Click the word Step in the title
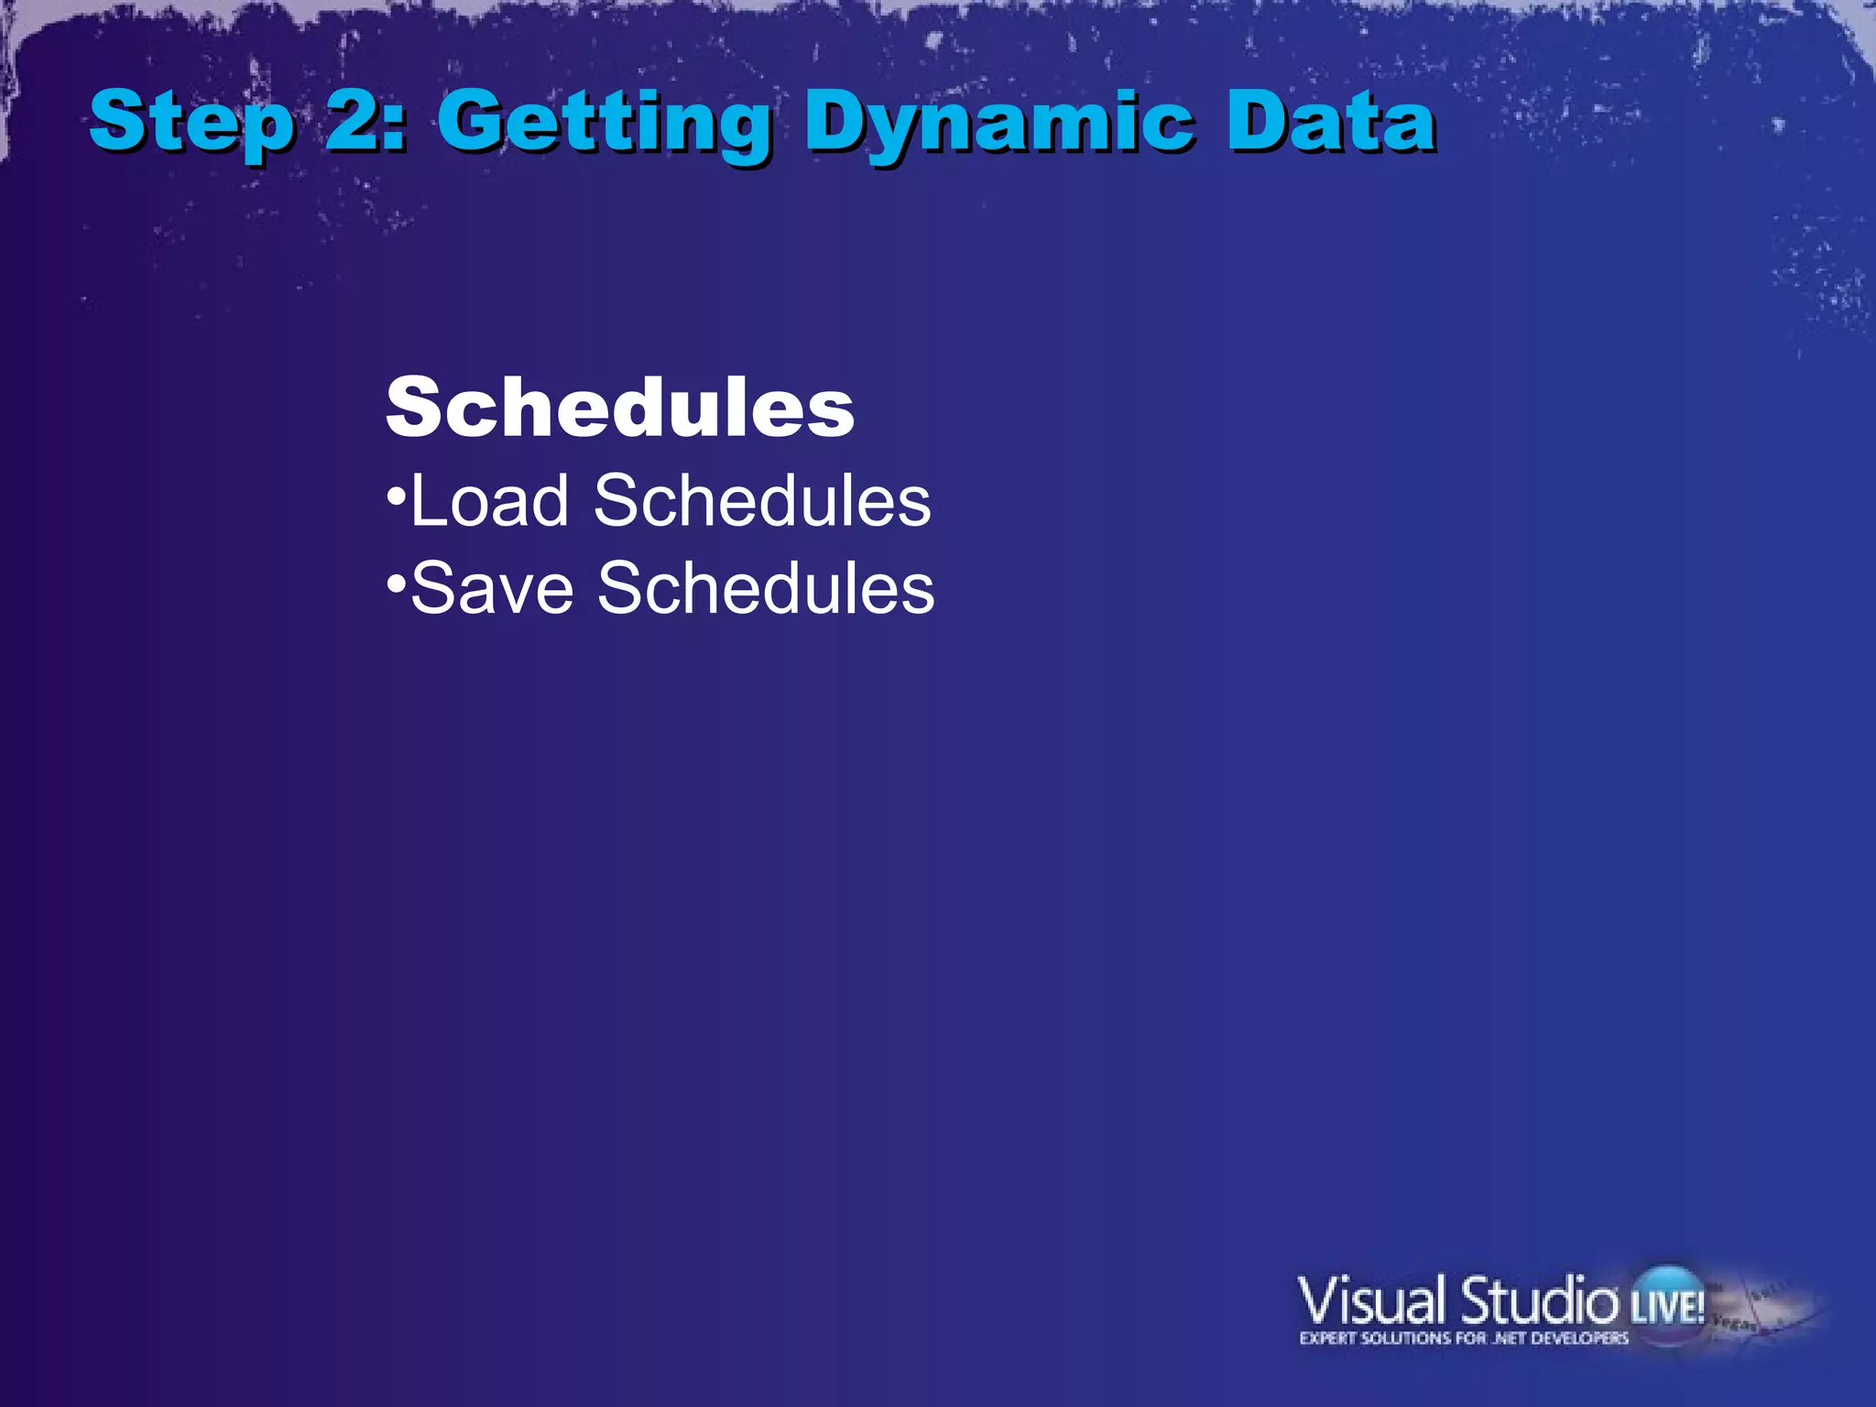pyautogui.click(x=192, y=124)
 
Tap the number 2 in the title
pyautogui.click(x=353, y=121)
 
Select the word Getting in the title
pyautogui.click(x=605, y=124)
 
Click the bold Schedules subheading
pyautogui.click(x=620, y=408)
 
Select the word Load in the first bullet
pyautogui.click(x=490, y=502)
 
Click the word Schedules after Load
pyautogui.click(x=762, y=502)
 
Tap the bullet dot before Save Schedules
pyautogui.click(x=396, y=583)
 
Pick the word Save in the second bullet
pyautogui.click(x=493, y=588)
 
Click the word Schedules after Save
pyautogui.click(x=766, y=588)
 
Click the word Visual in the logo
pyautogui.click(x=1371, y=1301)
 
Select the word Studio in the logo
pyautogui.click(x=1539, y=1301)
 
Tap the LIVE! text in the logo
pyautogui.click(x=1667, y=1305)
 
